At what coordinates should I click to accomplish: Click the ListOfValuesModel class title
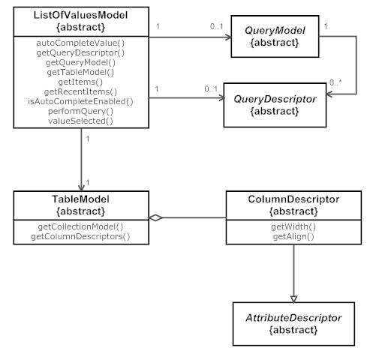pyautogui.click(x=80, y=15)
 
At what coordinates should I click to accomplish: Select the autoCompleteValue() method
pyautogui.click(x=80, y=44)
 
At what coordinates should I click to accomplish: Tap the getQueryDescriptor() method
pyautogui.click(x=80, y=54)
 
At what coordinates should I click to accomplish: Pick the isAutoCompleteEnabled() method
pyautogui.click(x=80, y=101)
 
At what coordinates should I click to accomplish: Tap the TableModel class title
pyautogui.click(x=80, y=199)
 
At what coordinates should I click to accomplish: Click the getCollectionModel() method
pyautogui.click(x=80, y=227)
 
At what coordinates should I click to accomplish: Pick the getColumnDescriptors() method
pyautogui.click(x=80, y=237)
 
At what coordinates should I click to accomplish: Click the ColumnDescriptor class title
pyautogui.click(x=293, y=199)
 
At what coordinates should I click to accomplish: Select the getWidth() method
pyautogui.click(x=293, y=227)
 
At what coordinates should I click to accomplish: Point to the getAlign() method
pyautogui.click(x=293, y=237)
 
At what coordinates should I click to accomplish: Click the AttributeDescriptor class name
pyautogui.click(x=293, y=318)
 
